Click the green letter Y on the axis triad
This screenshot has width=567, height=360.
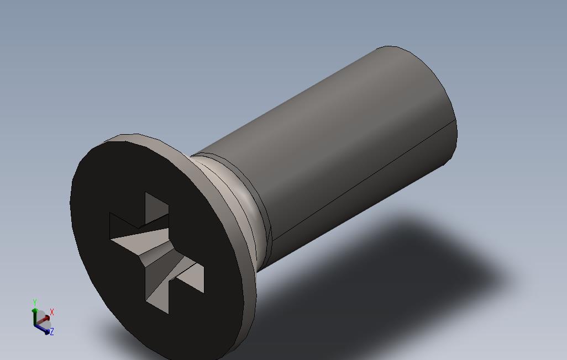(x=34, y=303)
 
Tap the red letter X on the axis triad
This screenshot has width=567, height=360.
(x=52, y=312)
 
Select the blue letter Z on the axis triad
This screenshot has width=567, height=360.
(x=52, y=332)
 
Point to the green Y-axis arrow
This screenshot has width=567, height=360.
(x=35, y=315)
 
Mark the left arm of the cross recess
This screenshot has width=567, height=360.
(x=124, y=229)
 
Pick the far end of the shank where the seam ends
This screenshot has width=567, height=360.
(x=455, y=120)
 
